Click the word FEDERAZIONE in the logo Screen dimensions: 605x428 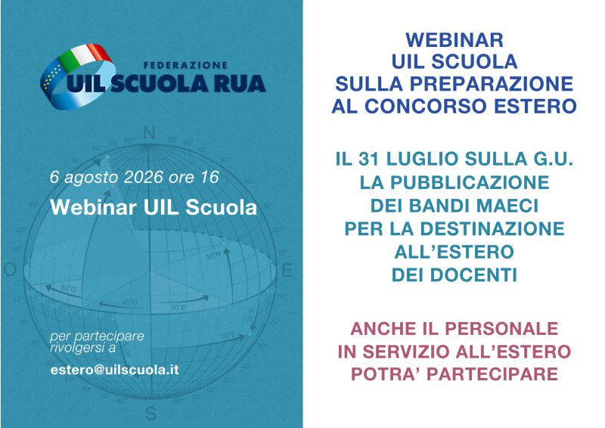click(185, 65)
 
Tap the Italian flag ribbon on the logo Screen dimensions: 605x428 click(85, 54)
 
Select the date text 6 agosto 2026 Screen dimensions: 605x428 click(106, 177)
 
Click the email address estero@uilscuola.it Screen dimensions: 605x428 click(115, 370)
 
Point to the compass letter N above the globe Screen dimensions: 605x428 click(149, 133)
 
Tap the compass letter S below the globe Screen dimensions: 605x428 click(150, 414)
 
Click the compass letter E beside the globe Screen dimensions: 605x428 click(287, 270)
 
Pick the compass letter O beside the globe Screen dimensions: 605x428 click(10, 269)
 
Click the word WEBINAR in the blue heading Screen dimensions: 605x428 click(455, 40)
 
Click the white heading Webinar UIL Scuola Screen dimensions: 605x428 click(154, 207)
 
